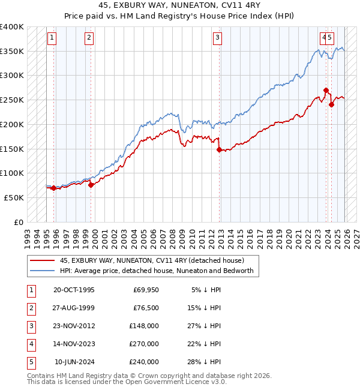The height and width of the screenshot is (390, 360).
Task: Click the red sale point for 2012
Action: (x=219, y=149)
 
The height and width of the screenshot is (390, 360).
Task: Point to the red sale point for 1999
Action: (x=91, y=185)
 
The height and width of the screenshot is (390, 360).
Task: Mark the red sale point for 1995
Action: (x=53, y=188)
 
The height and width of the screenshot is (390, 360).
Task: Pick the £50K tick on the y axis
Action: (x=14, y=197)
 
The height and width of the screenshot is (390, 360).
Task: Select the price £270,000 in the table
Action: (x=144, y=344)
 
